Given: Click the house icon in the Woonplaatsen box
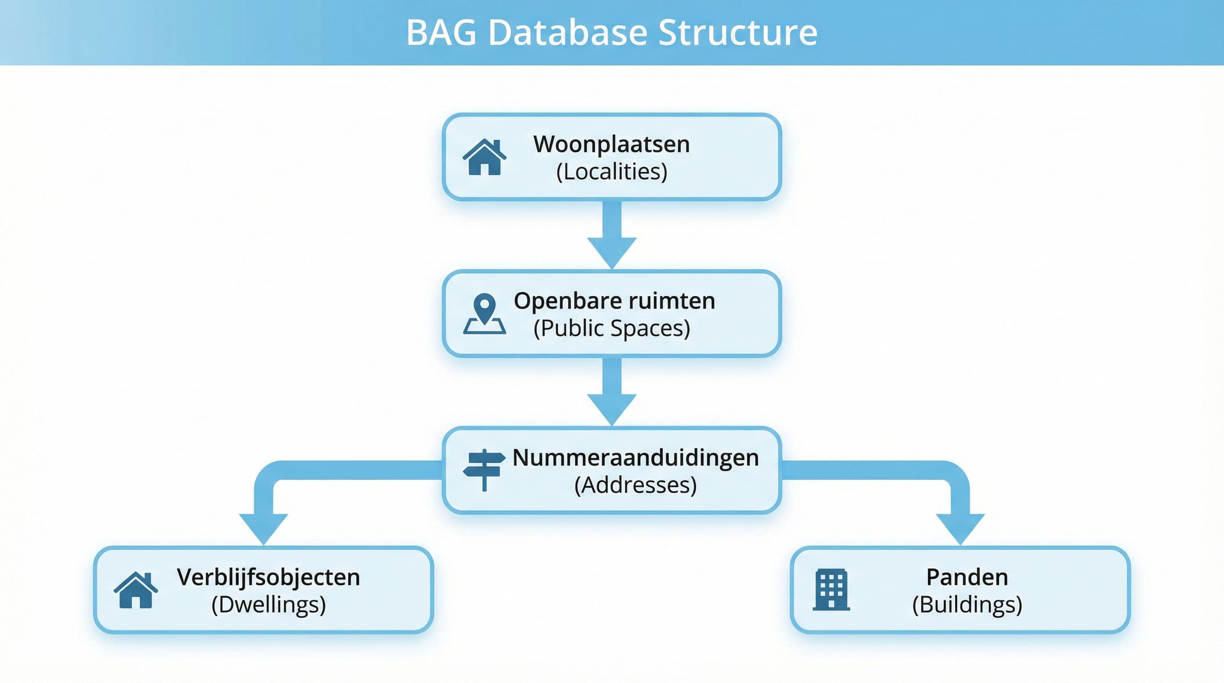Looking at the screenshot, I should [484, 157].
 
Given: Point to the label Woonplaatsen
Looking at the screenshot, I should [612, 144].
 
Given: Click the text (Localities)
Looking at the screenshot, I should [612, 172].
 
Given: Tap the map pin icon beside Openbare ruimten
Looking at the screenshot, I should [484, 314].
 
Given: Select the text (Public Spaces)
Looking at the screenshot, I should [612, 328].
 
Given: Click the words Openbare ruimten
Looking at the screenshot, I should [614, 301].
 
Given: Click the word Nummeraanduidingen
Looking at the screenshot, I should [635, 458].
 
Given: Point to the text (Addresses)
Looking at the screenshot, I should [635, 485].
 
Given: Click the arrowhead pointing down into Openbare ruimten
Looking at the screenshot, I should [612, 252].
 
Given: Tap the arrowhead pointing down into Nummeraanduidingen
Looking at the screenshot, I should [612, 409].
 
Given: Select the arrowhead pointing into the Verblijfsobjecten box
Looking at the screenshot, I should [263, 528].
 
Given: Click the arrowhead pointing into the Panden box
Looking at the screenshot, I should [960, 528].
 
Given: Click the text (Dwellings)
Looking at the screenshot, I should [269, 605].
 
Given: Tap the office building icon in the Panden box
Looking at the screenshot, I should [831, 590].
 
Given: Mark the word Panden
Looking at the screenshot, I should [967, 577].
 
